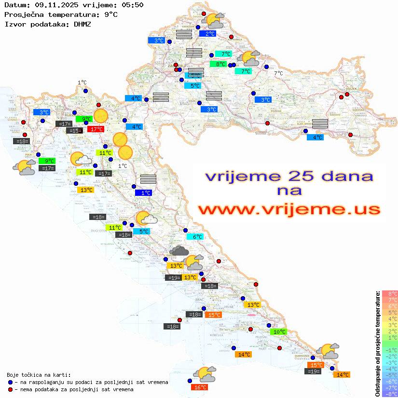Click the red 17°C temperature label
point(96,129)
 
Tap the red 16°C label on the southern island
point(200,387)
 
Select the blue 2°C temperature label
point(209,34)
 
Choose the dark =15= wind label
point(74,131)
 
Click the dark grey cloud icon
point(179,250)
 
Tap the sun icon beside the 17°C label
point(101,116)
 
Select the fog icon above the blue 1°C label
point(148,179)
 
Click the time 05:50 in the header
point(132,5)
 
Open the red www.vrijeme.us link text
point(289,210)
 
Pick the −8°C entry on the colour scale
point(389,394)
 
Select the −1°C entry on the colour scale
point(389,350)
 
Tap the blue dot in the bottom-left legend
point(11,382)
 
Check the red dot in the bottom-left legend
point(11,389)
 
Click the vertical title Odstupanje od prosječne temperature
point(377,344)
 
